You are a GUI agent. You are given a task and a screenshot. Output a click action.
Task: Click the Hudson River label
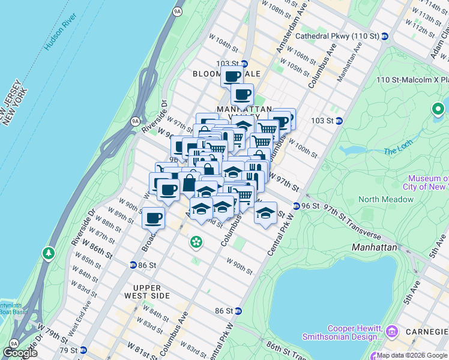(58, 36)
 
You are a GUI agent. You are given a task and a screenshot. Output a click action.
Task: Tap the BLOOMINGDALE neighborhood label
(226, 73)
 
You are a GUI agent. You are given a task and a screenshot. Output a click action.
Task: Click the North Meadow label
(382, 199)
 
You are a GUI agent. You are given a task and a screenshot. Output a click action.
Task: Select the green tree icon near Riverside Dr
(48, 254)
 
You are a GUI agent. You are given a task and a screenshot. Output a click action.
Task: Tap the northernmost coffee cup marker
(232, 76)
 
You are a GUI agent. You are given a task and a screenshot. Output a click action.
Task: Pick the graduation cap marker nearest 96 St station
(265, 213)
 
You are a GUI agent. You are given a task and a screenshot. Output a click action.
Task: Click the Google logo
(20, 353)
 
